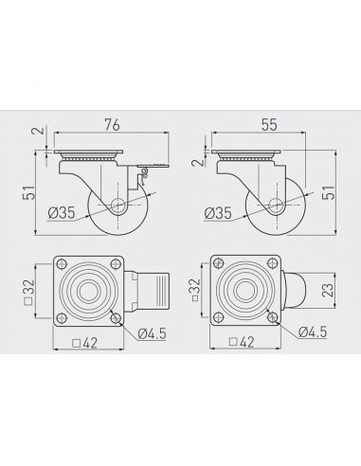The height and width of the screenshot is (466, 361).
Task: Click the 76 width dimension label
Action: [113, 125]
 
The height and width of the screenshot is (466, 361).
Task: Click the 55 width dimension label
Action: [269, 125]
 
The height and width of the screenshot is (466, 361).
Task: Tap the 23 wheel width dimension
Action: [329, 290]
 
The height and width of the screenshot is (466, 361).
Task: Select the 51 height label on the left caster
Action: [28, 192]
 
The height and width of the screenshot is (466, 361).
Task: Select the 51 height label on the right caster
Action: [328, 192]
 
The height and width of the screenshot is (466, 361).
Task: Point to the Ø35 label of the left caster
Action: [62, 213]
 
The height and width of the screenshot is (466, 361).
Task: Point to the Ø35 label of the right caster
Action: [218, 213]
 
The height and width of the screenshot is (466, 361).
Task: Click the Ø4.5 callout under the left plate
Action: [152, 333]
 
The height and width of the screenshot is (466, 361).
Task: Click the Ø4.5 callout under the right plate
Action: [313, 332]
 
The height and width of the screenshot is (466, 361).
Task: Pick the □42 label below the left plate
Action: [84, 343]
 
